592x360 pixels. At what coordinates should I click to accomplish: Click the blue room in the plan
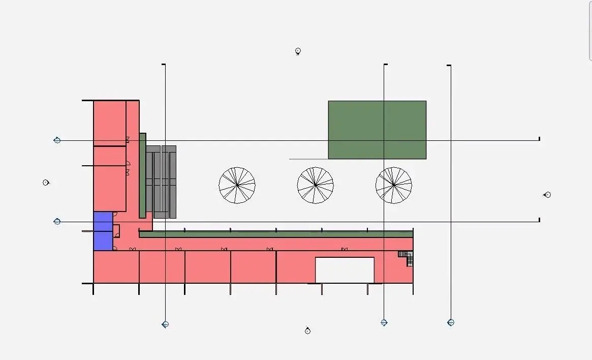(x=103, y=231)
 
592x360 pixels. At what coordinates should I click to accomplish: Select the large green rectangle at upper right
(x=377, y=130)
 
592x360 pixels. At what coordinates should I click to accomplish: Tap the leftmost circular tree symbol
(x=237, y=186)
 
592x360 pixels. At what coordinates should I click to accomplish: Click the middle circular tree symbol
(x=315, y=186)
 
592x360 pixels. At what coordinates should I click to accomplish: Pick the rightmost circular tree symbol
(x=393, y=186)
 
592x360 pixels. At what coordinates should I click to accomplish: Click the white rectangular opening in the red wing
(x=345, y=270)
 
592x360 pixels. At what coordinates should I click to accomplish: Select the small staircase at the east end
(x=407, y=257)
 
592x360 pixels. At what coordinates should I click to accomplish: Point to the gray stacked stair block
(x=161, y=182)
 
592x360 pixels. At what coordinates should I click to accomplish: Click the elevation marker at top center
(x=298, y=51)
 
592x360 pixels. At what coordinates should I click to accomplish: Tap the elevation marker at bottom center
(x=307, y=331)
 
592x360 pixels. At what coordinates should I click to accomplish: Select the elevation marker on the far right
(x=547, y=194)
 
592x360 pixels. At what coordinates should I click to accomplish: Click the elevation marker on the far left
(x=46, y=183)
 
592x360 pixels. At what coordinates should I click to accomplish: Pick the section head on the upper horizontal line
(x=57, y=140)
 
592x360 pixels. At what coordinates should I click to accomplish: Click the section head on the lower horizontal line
(x=57, y=221)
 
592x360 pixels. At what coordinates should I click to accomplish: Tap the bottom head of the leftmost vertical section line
(x=165, y=324)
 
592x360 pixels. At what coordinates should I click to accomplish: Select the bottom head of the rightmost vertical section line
(x=451, y=322)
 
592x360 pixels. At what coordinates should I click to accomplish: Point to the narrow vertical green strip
(x=143, y=175)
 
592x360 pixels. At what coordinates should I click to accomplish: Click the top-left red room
(x=109, y=123)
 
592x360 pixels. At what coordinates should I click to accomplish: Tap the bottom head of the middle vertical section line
(x=384, y=322)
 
